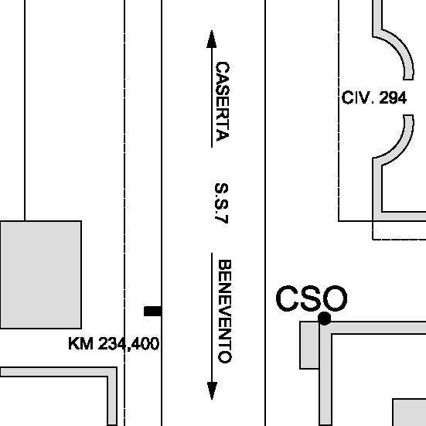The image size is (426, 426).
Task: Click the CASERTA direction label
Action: coord(222,101)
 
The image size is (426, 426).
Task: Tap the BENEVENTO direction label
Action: coord(225,312)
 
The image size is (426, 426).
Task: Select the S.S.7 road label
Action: coord(221,203)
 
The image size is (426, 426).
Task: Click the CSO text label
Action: coord(312,298)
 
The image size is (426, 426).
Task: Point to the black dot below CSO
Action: coord(324,318)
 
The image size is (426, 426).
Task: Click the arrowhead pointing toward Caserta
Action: coord(212,39)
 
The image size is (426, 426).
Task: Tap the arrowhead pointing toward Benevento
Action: coord(212,390)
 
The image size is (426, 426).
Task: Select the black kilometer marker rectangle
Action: coord(152,311)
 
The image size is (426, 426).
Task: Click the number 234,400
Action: coord(128,344)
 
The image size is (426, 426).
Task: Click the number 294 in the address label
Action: coord(393,98)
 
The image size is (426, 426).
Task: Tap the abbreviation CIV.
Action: coord(359,98)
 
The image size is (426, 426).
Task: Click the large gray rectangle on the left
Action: coord(41,274)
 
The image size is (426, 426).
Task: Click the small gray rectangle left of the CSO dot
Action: coord(309,346)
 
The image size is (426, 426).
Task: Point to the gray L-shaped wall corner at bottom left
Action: coord(112,372)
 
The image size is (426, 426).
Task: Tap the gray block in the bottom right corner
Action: coord(409,412)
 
